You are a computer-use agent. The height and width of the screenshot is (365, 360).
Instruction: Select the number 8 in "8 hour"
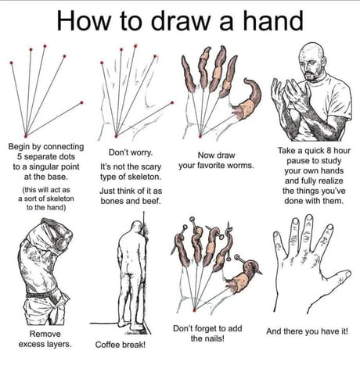click(326, 149)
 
